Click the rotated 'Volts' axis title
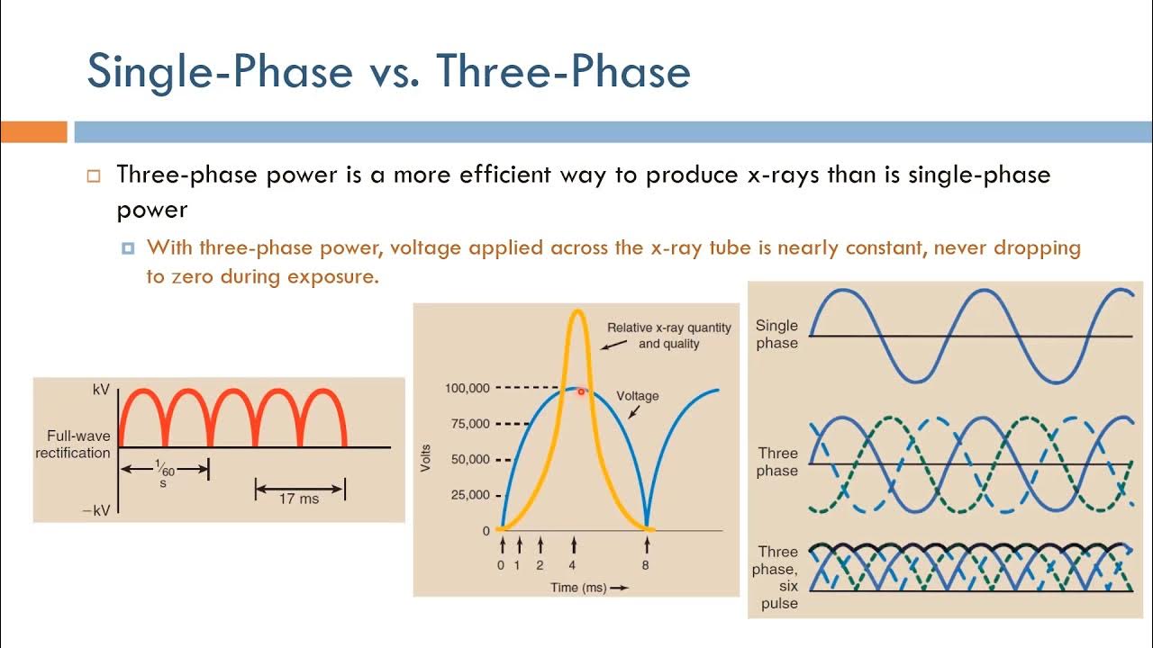(x=426, y=459)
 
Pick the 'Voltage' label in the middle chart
(x=637, y=396)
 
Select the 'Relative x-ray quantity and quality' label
(x=668, y=336)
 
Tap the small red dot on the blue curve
(x=582, y=391)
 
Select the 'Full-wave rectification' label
(x=73, y=445)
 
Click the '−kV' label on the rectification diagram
(x=95, y=510)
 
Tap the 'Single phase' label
(x=776, y=334)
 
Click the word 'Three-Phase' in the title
(x=563, y=72)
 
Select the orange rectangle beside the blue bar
(x=33, y=132)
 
